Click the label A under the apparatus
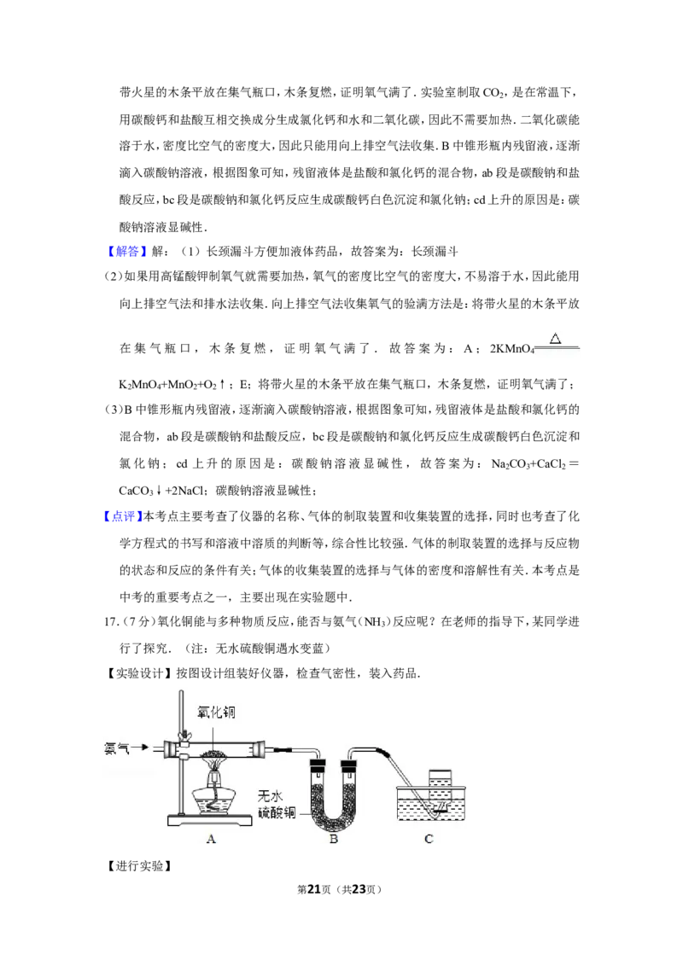click(211, 839)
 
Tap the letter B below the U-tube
click(335, 839)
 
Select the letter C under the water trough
click(429, 839)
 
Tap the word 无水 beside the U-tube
click(279, 796)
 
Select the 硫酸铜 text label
click(279, 812)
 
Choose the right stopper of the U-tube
click(351, 762)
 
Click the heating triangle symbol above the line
click(556, 339)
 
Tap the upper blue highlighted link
click(126, 252)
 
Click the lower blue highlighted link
click(123, 516)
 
